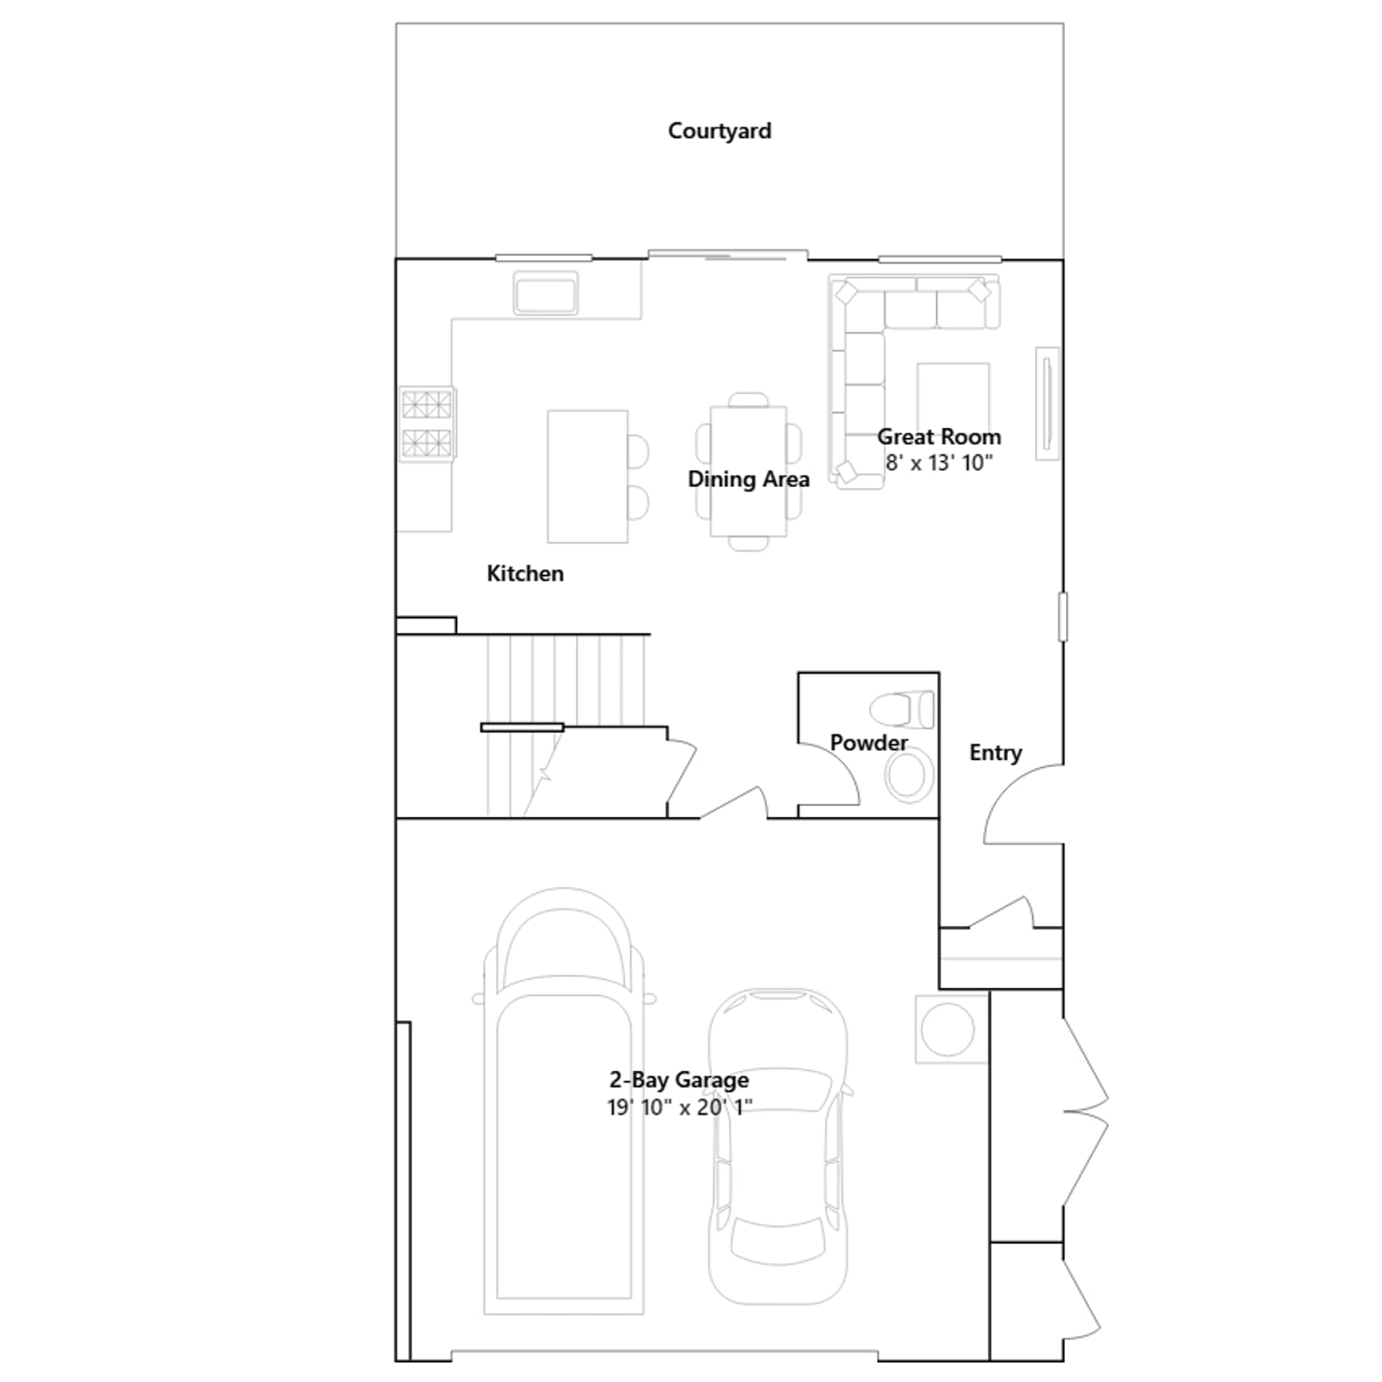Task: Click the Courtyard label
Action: [x=720, y=131]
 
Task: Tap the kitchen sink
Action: [x=546, y=293]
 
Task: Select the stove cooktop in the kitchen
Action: [x=427, y=423]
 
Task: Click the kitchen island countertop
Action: [x=587, y=476]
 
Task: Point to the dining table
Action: [x=748, y=471]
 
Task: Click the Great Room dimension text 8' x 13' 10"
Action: [x=939, y=463]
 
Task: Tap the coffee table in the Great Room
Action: [x=953, y=399]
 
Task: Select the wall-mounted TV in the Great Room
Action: [x=1048, y=403]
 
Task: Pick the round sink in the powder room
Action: [x=909, y=775]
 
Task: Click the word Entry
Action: [x=995, y=753]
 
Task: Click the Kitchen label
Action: [x=525, y=574]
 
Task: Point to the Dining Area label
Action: [x=749, y=479]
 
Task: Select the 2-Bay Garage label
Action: [x=679, y=1080]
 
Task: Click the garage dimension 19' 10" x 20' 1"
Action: [x=680, y=1106]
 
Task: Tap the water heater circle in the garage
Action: [x=948, y=1029]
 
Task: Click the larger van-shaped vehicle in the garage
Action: [x=564, y=1101]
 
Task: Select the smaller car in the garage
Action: [x=777, y=1146]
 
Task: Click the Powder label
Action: [x=869, y=743]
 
